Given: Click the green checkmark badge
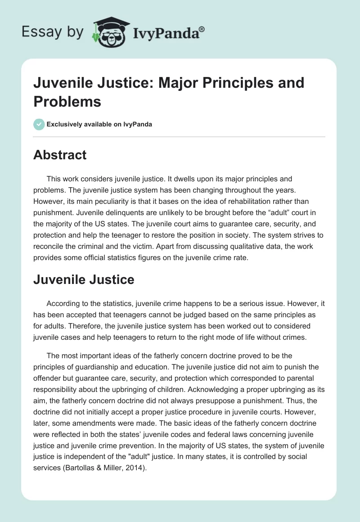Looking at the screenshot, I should pyautogui.click(x=39, y=124).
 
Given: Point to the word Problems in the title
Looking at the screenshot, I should pyautogui.click(x=67, y=102).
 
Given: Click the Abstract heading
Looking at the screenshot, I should pyautogui.click(x=60, y=155).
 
